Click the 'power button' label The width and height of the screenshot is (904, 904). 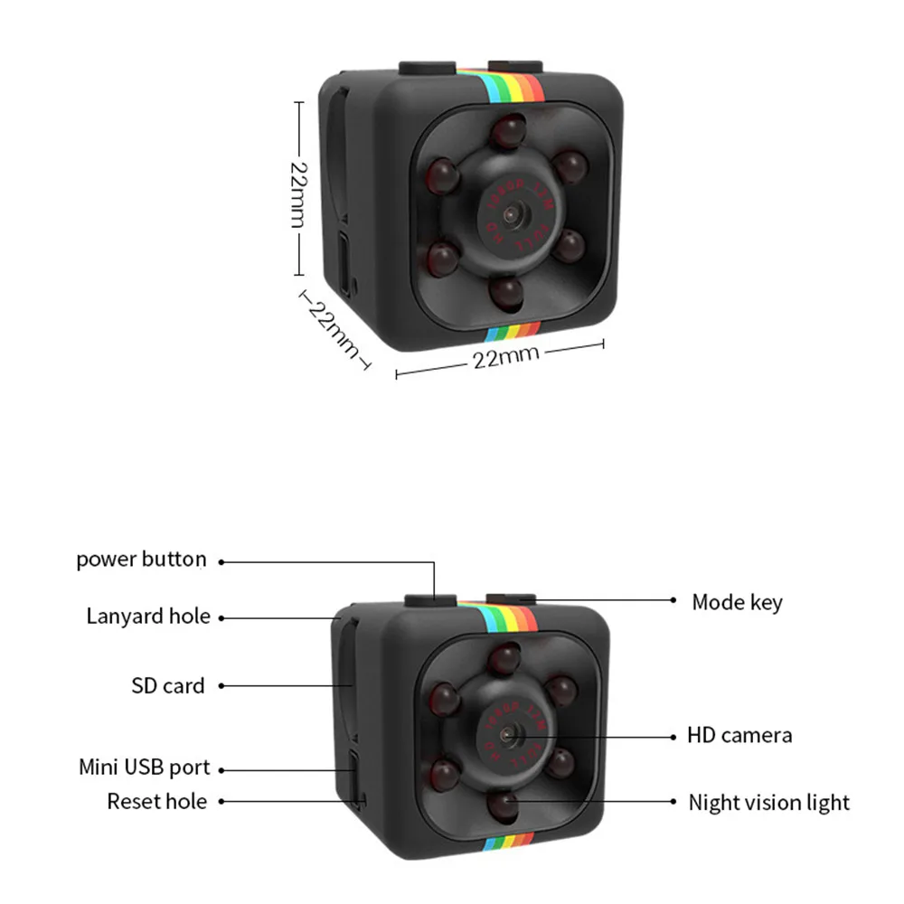tap(141, 560)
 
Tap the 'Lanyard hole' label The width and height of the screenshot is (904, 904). tap(148, 617)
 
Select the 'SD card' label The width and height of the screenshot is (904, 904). tap(168, 686)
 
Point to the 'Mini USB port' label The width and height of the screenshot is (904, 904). tap(144, 768)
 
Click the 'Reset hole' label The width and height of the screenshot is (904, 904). tap(156, 801)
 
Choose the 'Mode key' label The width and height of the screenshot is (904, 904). tap(737, 602)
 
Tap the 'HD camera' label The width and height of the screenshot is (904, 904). tap(739, 735)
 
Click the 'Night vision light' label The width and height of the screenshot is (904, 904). tap(768, 802)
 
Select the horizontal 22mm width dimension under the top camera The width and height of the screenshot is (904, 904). tap(505, 357)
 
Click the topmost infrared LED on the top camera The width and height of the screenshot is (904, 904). tap(508, 132)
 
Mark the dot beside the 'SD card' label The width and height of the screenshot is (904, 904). tap(221, 686)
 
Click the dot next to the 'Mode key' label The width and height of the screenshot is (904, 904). tap(673, 599)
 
